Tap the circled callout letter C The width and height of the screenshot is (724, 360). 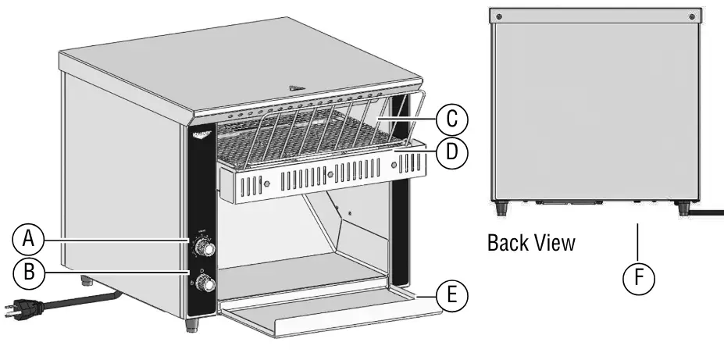451,119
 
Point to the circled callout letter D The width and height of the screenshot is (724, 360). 451,153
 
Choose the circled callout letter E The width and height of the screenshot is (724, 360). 451,296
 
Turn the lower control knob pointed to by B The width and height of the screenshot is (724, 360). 206,286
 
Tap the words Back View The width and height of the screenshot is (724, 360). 531,243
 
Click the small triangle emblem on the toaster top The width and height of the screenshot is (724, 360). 295,88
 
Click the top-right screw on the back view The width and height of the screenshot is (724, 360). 691,16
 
